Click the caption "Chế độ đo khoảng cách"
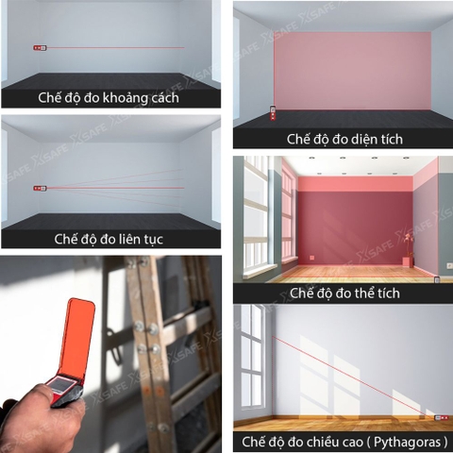click(109, 97)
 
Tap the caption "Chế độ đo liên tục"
click(109, 238)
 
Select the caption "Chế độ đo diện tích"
click(344, 139)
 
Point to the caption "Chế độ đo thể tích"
click(344, 293)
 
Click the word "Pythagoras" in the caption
click(411, 441)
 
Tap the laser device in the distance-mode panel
click(39, 46)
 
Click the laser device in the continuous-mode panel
click(39, 187)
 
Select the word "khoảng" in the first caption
click(123, 97)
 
